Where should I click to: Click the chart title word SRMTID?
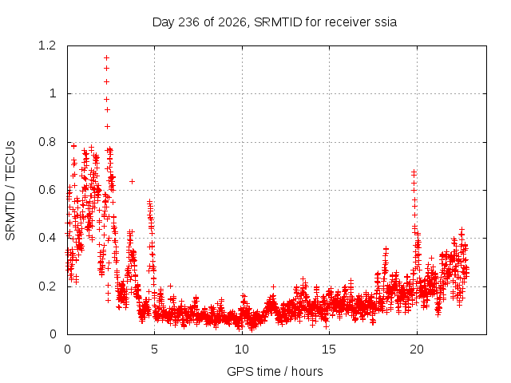tap(279, 22)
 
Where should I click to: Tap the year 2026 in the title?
tap(232, 22)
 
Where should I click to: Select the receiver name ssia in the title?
tap(386, 22)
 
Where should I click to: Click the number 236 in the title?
tap(189, 22)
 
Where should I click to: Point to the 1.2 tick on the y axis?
tap(47, 45)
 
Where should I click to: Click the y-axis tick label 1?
tap(53, 94)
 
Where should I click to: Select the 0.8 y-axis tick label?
tap(47, 142)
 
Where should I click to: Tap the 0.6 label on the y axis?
tap(47, 190)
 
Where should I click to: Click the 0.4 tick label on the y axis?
tap(47, 238)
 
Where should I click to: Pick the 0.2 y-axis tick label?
tap(47, 286)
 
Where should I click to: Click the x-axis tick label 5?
tap(154, 349)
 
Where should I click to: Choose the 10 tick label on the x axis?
tap(242, 349)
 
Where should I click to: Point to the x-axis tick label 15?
tap(329, 349)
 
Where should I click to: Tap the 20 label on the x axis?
tap(417, 349)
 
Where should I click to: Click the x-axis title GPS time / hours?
tap(275, 371)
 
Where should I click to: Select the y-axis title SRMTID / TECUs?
tap(10, 191)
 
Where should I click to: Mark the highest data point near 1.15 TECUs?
tap(106, 58)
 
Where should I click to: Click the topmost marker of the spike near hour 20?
tap(414, 172)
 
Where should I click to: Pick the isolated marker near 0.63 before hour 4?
tap(132, 181)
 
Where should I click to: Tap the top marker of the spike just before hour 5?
tap(149, 202)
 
